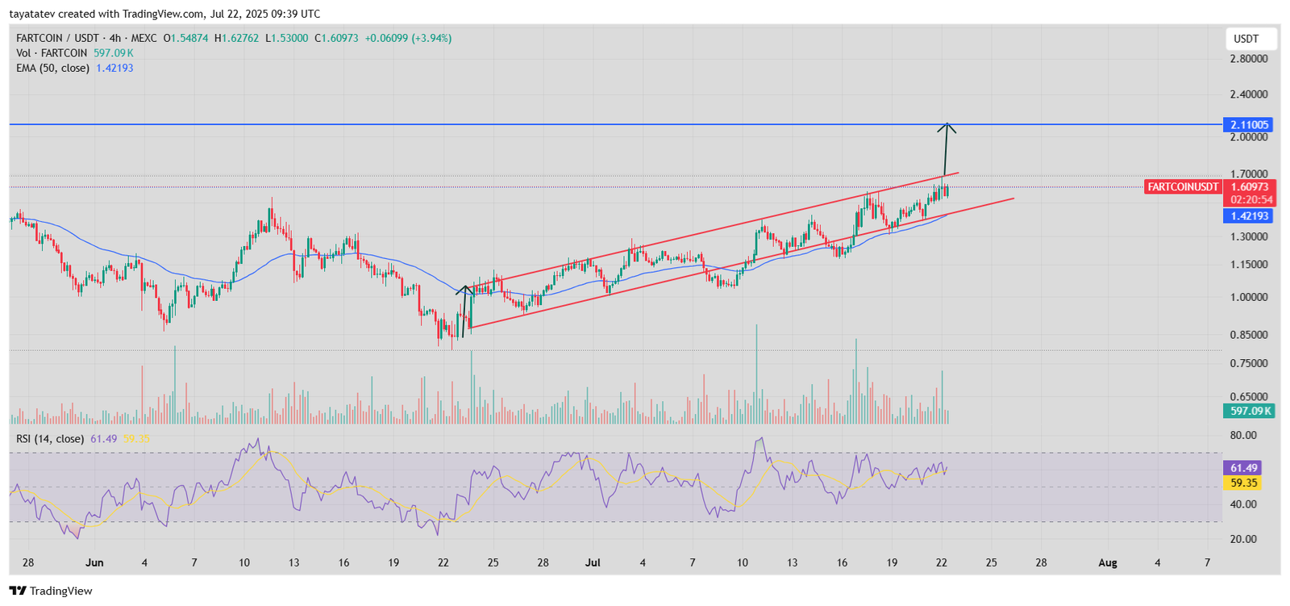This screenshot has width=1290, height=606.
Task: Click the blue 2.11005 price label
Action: click(x=1249, y=125)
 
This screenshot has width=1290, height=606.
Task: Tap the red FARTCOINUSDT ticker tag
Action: click(x=1183, y=187)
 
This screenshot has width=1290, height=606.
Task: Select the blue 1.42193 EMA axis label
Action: click(x=1249, y=216)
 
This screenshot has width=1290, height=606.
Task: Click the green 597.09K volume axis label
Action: click(x=1249, y=411)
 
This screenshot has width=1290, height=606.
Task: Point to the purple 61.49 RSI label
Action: click(x=1243, y=468)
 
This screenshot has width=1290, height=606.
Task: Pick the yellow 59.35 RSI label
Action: click(x=1243, y=483)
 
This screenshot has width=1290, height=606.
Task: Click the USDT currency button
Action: click(x=1246, y=39)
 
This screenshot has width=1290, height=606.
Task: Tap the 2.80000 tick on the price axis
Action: click(x=1248, y=59)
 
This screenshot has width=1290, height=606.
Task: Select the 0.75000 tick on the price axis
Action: click(x=1248, y=364)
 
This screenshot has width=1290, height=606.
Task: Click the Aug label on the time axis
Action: click(x=1108, y=563)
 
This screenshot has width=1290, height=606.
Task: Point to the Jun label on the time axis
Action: click(x=94, y=563)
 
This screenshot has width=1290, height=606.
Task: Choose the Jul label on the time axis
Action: click(x=593, y=563)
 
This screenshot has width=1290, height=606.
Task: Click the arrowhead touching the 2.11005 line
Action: click(x=947, y=127)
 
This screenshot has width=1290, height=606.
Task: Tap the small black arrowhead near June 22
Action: click(x=464, y=289)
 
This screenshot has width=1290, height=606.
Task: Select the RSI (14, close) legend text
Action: click(x=50, y=439)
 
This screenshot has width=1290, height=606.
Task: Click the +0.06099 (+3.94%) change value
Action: click(x=408, y=38)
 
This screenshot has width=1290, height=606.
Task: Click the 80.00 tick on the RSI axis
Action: click(x=1242, y=436)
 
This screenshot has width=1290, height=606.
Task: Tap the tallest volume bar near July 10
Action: click(x=756, y=371)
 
